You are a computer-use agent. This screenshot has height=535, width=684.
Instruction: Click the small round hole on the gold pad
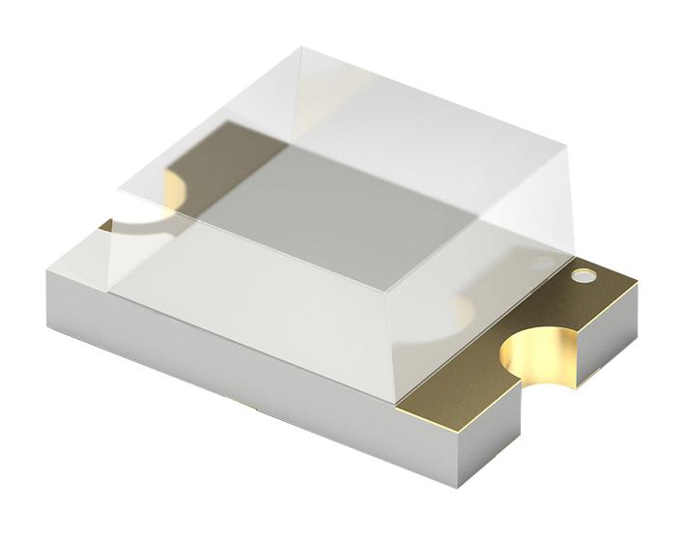point(583,277)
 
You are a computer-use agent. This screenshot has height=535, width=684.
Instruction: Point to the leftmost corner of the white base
point(45,275)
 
